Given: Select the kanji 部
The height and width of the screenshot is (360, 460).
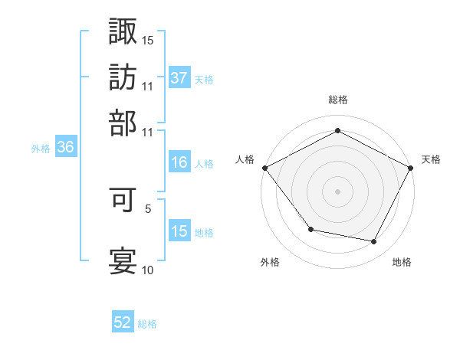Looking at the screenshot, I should [123, 122].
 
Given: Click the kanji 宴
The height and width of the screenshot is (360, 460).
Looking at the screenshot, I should [123, 260].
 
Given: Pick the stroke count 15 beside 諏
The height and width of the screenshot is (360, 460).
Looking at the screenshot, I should [148, 40].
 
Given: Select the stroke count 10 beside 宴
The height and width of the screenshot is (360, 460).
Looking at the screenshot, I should [148, 270].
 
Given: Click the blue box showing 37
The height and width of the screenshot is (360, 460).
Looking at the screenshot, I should [179, 77].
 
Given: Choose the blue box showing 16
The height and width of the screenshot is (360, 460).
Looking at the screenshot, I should [179, 162].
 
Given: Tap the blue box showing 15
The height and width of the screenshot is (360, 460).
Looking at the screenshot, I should [179, 231].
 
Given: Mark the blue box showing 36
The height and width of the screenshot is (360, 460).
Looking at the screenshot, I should [65, 149].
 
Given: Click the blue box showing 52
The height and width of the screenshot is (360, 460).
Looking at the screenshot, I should [123, 323].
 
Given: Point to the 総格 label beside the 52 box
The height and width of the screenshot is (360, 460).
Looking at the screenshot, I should [147, 324].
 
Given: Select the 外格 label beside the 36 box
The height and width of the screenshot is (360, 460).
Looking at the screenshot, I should [41, 149].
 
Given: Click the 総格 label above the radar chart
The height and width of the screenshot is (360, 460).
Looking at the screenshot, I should [338, 100].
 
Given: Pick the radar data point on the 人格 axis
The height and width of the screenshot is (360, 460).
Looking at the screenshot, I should [264, 167].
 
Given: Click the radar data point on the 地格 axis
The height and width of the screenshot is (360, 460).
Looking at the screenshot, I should [374, 241].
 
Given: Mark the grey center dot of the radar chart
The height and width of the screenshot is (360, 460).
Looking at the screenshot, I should [338, 191].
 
